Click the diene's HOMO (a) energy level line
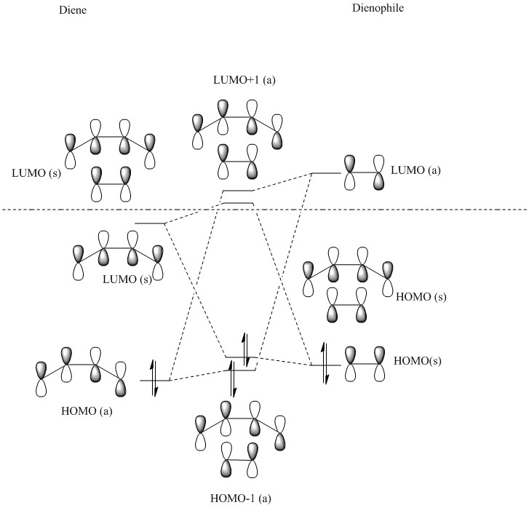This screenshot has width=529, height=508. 154,380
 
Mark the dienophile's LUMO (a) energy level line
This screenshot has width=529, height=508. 326,173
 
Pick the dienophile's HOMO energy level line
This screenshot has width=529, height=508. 325,364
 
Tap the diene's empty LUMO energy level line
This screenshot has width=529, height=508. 151,223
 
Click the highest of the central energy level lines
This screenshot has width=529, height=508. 237,191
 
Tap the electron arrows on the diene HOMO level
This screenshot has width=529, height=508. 154,378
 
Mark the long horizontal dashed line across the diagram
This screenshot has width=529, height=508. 264,210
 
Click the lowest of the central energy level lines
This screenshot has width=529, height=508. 241,370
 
